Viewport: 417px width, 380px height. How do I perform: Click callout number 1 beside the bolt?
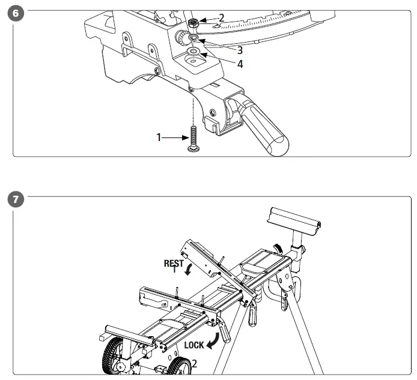(159, 137)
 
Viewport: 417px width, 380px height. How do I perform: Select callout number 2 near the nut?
(221, 18)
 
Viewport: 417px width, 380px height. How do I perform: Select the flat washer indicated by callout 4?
(193, 53)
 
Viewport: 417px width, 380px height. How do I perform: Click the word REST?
(174, 263)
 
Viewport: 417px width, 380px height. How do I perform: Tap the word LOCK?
(193, 345)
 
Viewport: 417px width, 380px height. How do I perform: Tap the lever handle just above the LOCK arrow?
(225, 330)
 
